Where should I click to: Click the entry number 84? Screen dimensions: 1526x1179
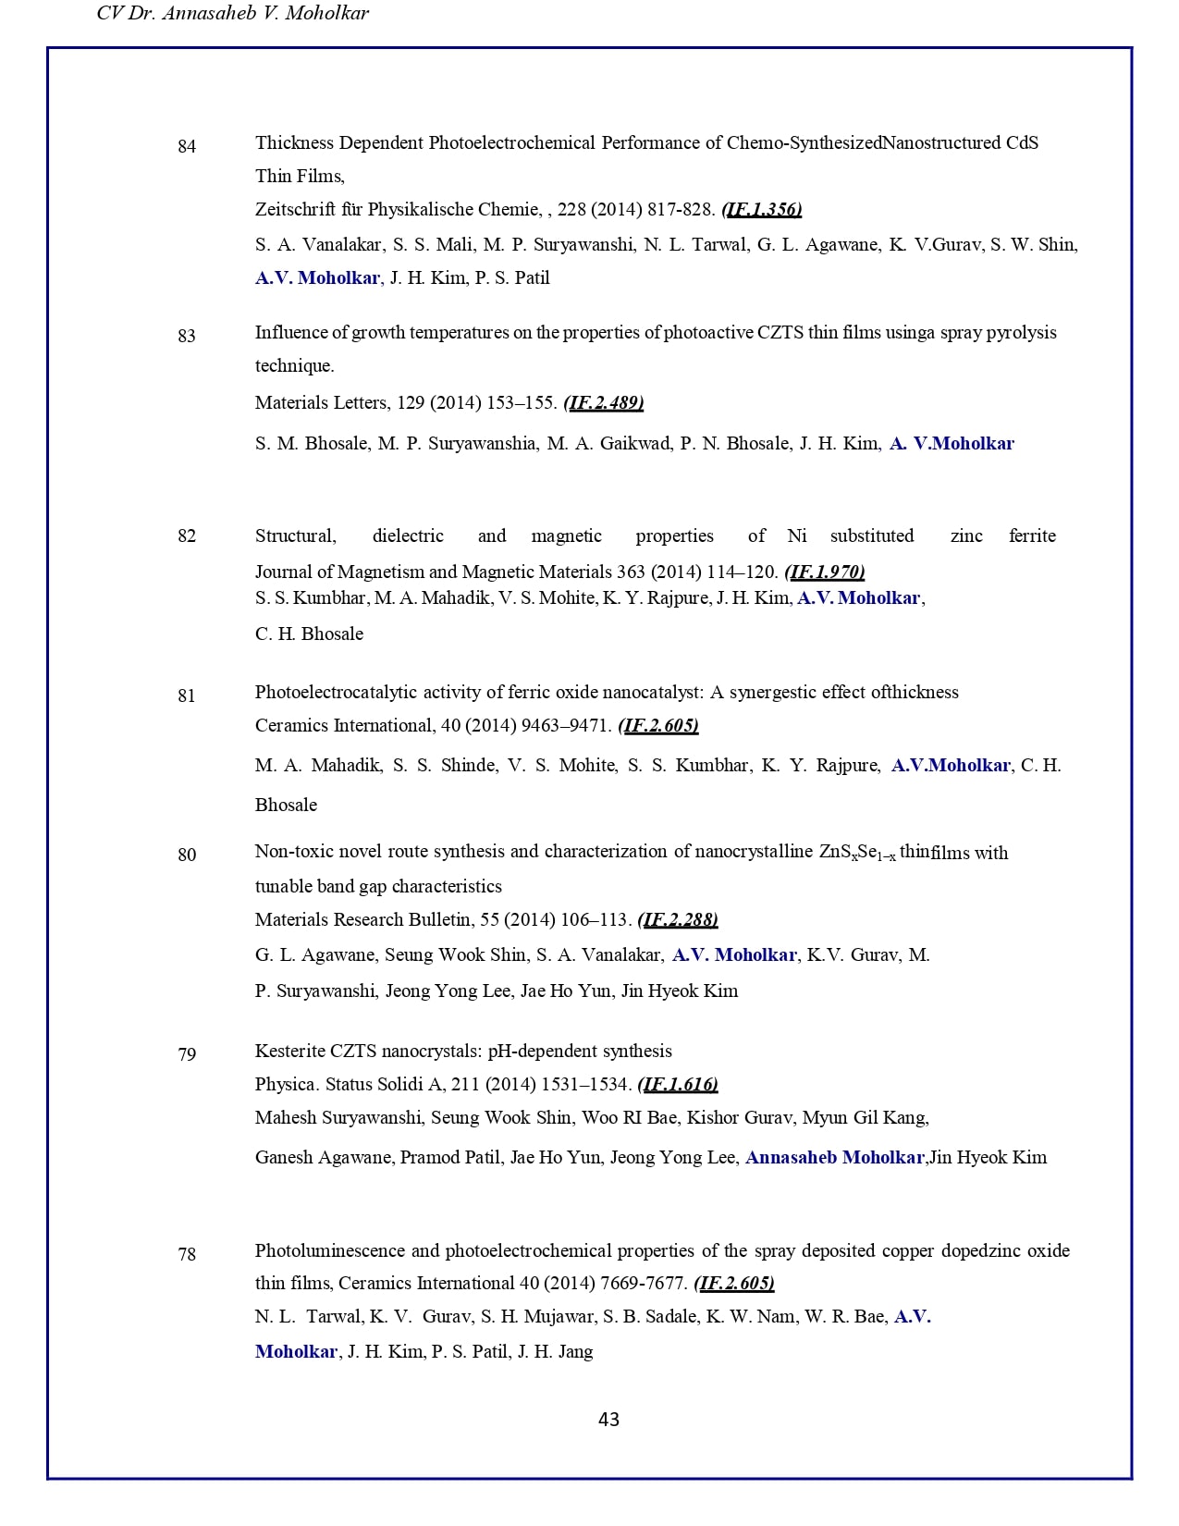(x=187, y=146)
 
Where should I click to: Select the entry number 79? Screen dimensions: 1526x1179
(x=187, y=1054)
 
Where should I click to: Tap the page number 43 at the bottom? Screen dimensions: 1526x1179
(x=608, y=1420)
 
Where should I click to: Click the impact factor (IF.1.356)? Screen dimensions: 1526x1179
(x=762, y=210)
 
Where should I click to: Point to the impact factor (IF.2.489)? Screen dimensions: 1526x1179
(x=604, y=403)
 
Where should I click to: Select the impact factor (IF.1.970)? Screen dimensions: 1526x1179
(x=825, y=572)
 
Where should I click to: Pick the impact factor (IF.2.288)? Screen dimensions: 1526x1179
(x=678, y=920)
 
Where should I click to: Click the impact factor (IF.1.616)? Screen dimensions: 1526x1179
(x=678, y=1085)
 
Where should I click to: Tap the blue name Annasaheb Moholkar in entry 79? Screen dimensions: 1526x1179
(x=834, y=1158)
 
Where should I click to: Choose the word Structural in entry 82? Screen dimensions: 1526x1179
(x=295, y=536)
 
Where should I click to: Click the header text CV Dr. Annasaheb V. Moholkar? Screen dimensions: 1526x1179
(x=232, y=13)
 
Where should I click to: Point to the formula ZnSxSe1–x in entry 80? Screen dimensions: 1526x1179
(x=857, y=853)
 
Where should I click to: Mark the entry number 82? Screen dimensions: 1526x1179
(x=187, y=536)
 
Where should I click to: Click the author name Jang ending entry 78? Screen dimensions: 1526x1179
(x=575, y=1352)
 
